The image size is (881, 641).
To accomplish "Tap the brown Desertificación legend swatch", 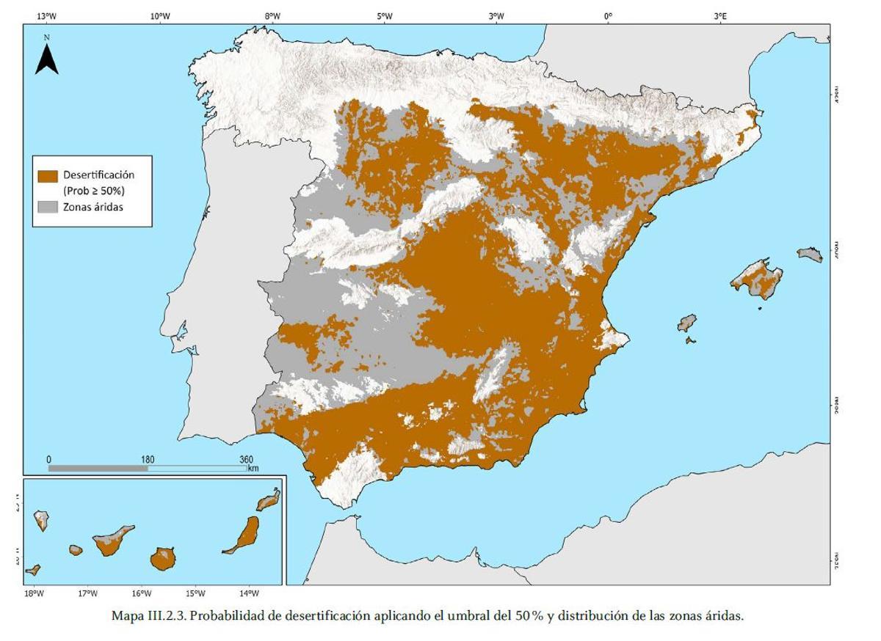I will pos(48,176).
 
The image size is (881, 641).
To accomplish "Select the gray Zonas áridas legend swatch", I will pos(48,207).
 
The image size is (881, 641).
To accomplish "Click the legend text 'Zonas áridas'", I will pos(93,207).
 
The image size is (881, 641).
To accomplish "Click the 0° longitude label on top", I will pos(608,15).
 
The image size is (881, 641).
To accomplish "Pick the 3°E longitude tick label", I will pos(720,15).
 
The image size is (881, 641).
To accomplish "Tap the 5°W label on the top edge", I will pos(384,15).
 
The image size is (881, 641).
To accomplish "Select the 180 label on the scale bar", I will pos(148,460).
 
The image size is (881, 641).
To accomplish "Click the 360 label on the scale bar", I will pos(247,460).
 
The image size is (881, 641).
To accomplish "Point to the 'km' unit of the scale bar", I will pos(253,468).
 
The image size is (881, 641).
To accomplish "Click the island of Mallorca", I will pos(757,279).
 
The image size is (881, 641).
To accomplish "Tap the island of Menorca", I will pos(810,254).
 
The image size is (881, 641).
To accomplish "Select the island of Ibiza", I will pos(686,323).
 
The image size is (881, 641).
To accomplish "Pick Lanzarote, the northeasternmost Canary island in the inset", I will pos(268,499).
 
